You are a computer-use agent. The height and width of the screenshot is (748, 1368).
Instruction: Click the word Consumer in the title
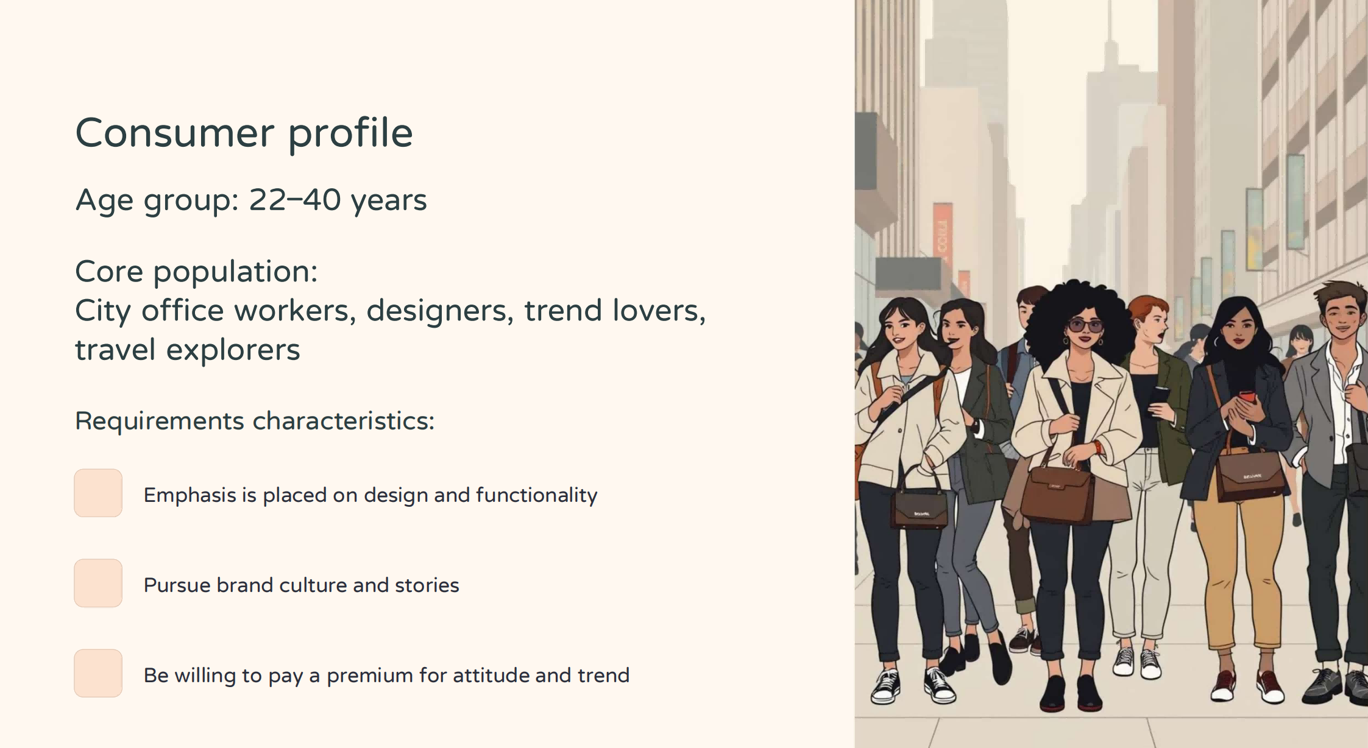(175, 133)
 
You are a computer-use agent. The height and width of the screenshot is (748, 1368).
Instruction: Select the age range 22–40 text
(295, 200)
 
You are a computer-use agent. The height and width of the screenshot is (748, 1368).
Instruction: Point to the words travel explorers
(188, 350)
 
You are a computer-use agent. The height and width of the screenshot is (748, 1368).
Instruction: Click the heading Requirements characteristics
(255, 421)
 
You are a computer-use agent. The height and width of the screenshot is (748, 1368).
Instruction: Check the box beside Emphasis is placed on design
(98, 493)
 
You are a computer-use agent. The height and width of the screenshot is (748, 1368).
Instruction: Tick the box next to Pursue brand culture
(98, 583)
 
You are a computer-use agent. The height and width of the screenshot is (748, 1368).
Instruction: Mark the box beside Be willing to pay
(98, 673)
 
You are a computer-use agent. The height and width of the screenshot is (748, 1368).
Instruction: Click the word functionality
(536, 495)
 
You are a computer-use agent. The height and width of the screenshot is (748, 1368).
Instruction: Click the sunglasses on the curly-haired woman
(1085, 326)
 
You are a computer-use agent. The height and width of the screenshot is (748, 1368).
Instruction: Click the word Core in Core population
(109, 272)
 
